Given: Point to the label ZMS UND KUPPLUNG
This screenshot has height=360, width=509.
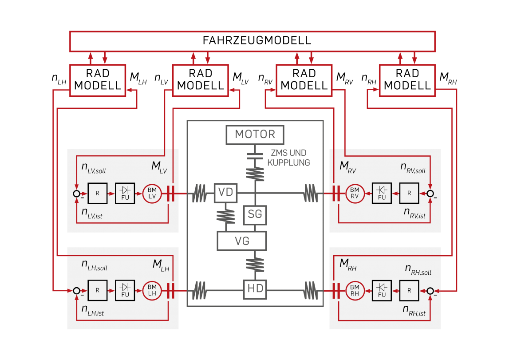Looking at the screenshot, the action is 288,158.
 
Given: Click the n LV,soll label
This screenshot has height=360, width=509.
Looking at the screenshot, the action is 94,168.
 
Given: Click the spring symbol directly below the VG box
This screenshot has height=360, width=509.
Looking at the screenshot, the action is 255,265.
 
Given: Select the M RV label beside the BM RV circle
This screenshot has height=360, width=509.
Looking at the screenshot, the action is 348,167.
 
